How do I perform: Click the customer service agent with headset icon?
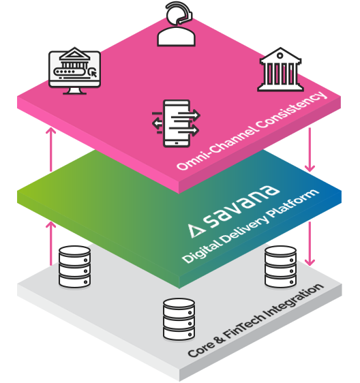[176, 25]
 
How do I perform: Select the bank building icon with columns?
[281, 70]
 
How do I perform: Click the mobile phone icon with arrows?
[176, 123]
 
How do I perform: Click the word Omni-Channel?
[216, 149]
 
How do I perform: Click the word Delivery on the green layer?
[244, 230]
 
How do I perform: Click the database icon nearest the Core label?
[179, 319]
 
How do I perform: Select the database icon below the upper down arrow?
[281, 266]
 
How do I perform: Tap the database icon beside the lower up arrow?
[74, 266]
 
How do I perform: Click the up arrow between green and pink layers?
[51, 149]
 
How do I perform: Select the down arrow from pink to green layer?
[310, 149]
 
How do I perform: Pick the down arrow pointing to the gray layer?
[310, 244]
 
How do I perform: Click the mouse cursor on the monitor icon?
[93, 72]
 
